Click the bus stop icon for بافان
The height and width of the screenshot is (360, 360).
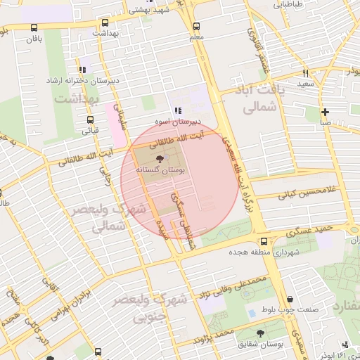[x=34, y=28]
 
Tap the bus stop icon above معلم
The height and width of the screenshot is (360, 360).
[x=195, y=25]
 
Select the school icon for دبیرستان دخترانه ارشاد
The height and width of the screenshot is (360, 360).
[x=83, y=70]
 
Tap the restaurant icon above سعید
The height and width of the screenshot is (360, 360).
[x=305, y=72]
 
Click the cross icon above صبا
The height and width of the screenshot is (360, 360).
[x=325, y=112]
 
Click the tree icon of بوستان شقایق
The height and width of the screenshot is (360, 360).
[x=261, y=334]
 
